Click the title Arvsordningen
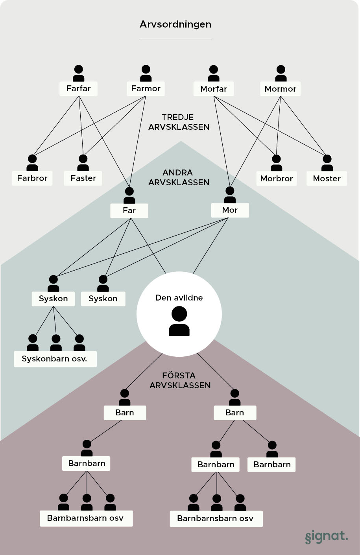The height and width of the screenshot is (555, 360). pos(175,24)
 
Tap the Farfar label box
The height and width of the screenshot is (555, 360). pos(79,89)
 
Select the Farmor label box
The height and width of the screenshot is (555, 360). pos(146,89)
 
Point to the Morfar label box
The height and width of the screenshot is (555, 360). pos(214,89)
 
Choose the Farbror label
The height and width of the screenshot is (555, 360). pos(32,178)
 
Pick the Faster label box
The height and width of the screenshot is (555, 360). pos(83,178)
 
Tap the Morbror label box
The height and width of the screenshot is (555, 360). pos(277,179)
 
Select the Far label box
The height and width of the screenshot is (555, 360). pos(129,210)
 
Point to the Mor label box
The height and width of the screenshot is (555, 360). pos(230,210)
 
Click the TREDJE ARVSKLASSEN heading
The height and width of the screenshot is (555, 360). pos(179,122)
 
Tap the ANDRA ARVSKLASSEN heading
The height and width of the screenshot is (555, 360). pos(179,177)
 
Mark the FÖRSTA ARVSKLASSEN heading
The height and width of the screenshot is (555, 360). pos(180,380)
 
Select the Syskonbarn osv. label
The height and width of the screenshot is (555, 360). pos(55,359)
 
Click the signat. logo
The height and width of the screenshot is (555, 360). pos(326,537)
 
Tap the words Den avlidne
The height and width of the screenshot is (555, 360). pos(179,298)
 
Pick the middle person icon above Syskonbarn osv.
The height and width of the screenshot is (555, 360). pos(56,343)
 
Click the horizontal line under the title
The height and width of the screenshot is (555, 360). pos(175,39)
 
